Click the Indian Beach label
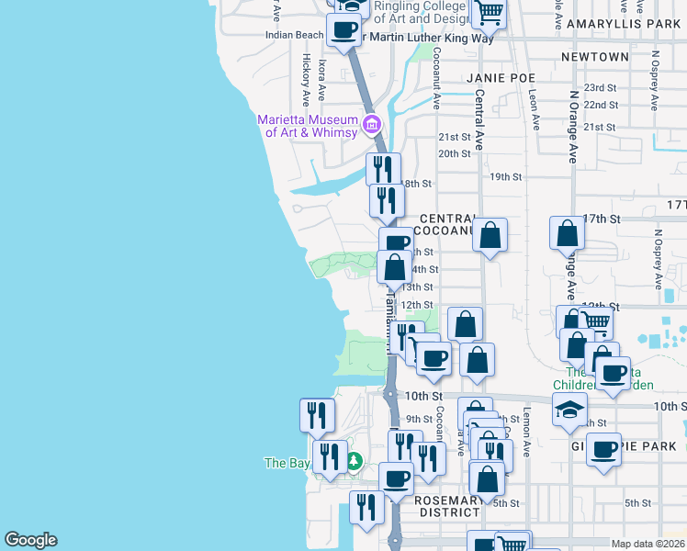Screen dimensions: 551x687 (x=294, y=35)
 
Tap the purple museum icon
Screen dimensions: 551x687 (x=372, y=124)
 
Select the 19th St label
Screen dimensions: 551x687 (x=505, y=176)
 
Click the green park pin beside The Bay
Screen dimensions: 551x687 (x=352, y=463)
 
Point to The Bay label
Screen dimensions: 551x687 (x=287, y=463)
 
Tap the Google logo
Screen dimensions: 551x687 (x=30, y=540)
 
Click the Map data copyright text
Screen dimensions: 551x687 (x=648, y=544)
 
